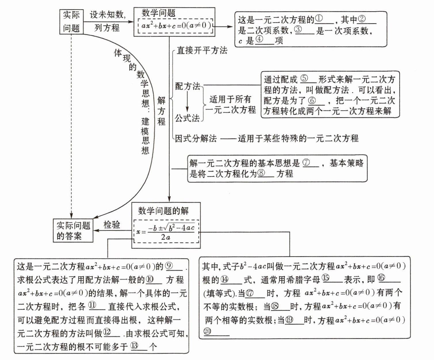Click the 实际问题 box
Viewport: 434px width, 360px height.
[x=71, y=22]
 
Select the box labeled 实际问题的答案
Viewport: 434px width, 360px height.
[x=73, y=231]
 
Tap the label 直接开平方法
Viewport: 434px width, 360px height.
[x=202, y=51]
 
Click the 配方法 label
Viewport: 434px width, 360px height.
[x=188, y=86]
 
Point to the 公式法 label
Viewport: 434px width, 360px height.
[x=187, y=118]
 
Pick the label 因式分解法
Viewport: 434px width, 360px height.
[x=196, y=138]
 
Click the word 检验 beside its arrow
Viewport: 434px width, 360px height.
[x=112, y=225]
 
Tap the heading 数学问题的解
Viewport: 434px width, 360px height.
[x=163, y=211]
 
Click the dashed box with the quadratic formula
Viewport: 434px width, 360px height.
[x=166, y=232]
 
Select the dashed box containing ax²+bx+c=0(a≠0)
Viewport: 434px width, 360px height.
[x=175, y=26]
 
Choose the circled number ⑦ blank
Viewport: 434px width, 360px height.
[x=310, y=163]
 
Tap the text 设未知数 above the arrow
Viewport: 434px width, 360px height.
[x=107, y=15]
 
